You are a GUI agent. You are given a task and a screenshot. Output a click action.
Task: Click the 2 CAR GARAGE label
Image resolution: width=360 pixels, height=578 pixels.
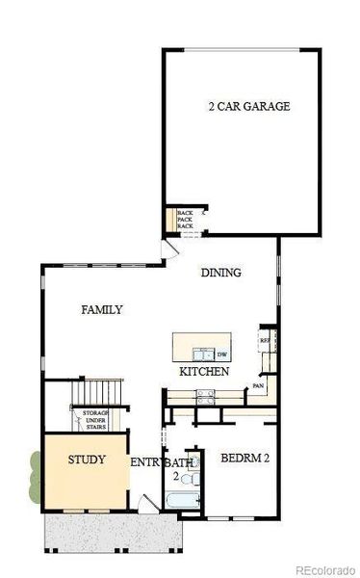pos(248,106)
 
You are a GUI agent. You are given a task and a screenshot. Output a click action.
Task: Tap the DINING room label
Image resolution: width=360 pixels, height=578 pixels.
pos(220,273)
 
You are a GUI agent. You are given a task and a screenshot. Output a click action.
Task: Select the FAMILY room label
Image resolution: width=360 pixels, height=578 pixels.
pos(101,309)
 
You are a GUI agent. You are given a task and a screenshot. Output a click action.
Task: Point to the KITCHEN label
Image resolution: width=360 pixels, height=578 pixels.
pos(204,371)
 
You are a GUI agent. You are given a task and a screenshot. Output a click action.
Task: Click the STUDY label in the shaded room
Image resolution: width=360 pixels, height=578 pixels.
pos(87,460)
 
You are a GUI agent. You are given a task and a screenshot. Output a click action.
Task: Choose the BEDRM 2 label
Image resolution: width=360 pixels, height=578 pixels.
pos(244,459)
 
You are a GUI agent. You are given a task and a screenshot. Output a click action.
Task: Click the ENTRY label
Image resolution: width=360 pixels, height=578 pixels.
pos(145,461)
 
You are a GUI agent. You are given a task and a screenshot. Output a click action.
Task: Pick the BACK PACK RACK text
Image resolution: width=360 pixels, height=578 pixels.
pos(185,220)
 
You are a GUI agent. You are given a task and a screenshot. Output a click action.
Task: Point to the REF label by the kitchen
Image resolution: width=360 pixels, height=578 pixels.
pos(266,340)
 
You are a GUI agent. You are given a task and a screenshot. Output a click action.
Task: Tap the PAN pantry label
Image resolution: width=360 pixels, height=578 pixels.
pos(258,386)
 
